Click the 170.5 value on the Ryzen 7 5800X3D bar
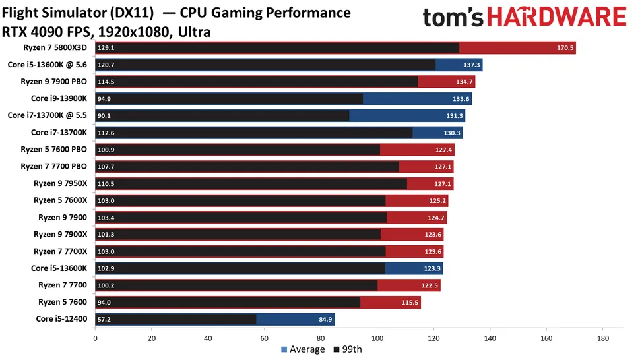[x=566, y=48]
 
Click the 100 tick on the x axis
[x=377, y=338]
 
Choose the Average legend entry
[x=303, y=349]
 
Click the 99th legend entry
[x=348, y=349]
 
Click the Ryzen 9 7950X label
[x=60, y=184]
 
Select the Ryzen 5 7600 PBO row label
[x=53, y=150]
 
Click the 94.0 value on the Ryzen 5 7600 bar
[x=106, y=303]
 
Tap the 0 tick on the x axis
[x=95, y=338]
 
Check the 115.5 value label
[x=411, y=303]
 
